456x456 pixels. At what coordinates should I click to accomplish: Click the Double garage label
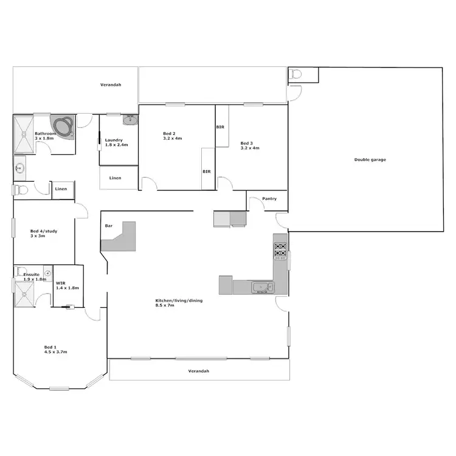click(x=370, y=160)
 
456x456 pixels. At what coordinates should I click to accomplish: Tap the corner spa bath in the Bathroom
click(x=64, y=125)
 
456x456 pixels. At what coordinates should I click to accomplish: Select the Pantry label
click(x=269, y=199)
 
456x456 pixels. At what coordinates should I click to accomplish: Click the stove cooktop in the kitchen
click(x=280, y=250)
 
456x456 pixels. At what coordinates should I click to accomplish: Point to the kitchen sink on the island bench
click(x=261, y=287)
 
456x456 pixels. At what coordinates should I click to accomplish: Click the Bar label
click(x=109, y=226)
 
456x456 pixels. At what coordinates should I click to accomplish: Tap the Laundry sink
click(x=130, y=120)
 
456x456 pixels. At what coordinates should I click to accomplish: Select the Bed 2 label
click(x=170, y=134)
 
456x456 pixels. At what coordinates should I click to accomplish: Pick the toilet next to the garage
click(x=295, y=74)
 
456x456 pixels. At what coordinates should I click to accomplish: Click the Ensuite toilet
click(x=20, y=271)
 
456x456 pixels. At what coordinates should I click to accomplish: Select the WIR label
click(x=60, y=283)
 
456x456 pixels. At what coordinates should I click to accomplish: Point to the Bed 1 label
click(x=51, y=349)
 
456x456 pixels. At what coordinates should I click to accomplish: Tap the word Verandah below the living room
click(x=199, y=371)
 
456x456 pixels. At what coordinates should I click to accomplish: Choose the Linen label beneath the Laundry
click(x=115, y=178)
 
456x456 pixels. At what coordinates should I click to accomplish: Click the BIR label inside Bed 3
click(x=220, y=128)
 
